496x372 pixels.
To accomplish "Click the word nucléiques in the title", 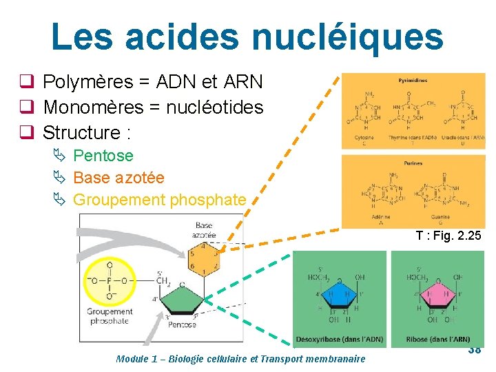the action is [x=352, y=37].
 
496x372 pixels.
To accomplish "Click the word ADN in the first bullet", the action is [x=176, y=82].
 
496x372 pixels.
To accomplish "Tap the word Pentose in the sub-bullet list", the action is [x=103, y=156].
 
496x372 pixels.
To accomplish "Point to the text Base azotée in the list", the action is [x=118, y=178].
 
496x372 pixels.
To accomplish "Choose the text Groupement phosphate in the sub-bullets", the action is [x=159, y=200].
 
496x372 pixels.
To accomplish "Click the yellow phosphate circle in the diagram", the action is [x=109, y=280].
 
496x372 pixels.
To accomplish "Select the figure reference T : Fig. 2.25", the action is [x=447, y=236].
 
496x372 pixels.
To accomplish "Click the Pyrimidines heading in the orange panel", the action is [x=413, y=81].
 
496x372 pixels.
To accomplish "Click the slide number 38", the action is [x=474, y=349].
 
